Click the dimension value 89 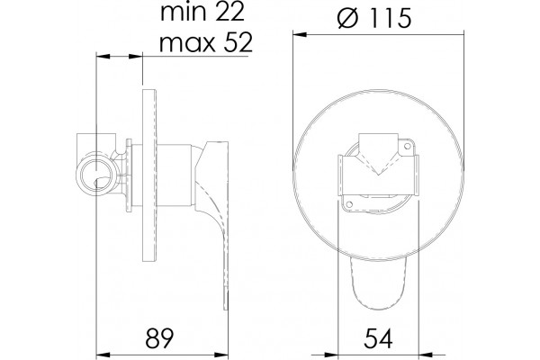tap(159, 338)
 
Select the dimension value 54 tap(378, 338)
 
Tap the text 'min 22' tap(202, 13)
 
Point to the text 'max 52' tap(206, 42)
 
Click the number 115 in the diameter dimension tap(388, 18)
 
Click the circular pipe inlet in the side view tap(97, 175)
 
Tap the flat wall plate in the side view tap(149, 175)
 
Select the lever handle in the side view tap(212, 220)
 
